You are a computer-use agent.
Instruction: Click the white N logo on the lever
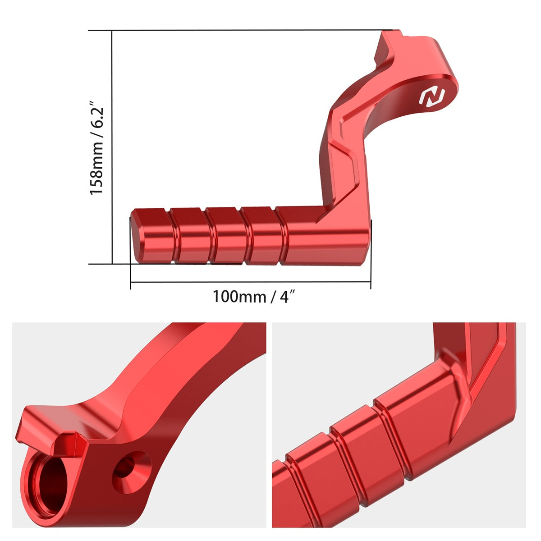point(432,96)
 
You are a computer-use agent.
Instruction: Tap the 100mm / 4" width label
point(254,297)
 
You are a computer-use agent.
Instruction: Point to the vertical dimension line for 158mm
point(112,149)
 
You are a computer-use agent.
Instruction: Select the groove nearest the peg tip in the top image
point(174,234)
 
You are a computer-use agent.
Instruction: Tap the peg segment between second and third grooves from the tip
point(227,234)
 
